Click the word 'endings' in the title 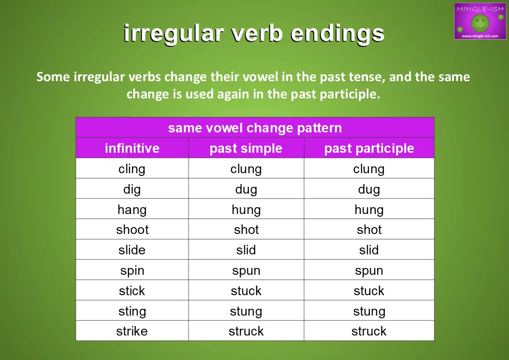click(x=337, y=34)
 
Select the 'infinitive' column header click(x=132, y=148)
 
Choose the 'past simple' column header click(x=246, y=149)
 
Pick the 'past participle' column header click(x=369, y=149)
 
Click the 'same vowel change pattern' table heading click(x=255, y=128)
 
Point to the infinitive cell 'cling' click(x=132, y=169)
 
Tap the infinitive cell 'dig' click(x=132, y=190)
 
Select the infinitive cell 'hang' click(x=132, y=210)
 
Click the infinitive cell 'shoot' click(x=132, y=230)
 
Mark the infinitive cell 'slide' click(x=132, y=250)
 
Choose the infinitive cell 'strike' click(x=132, y=331)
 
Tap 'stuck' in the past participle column click(x=369, y=291)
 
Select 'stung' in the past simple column click(x=246, y=311)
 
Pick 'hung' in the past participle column click(x=369, y=210)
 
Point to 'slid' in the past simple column click(x=246, y=250)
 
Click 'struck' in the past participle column click(x=369, y=331)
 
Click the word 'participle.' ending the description click(x=350, y=94)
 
